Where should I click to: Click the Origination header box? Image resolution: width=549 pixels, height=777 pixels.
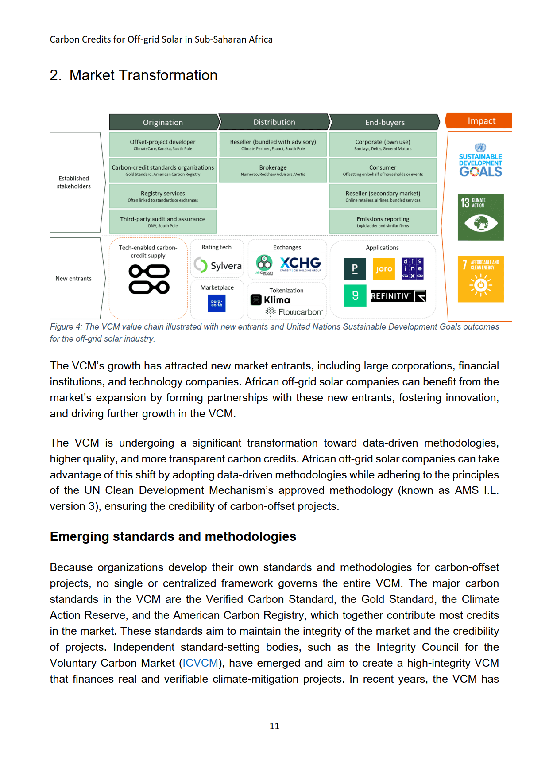[x=163, y=122]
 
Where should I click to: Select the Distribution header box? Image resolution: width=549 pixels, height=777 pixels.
[x=274, y=122]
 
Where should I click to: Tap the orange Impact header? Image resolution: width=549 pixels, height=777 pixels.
[x=481, y=121]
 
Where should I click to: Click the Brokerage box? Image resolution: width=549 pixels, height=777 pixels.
[x=273, y=170]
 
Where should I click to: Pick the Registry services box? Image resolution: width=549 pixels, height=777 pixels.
[x=162, y=196]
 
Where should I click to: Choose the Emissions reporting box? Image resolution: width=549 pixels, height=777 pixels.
[x=383, y=221]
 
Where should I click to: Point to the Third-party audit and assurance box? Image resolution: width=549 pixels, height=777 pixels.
[x=162, y=221]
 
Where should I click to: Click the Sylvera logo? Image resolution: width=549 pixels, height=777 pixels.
[x=218, y=265]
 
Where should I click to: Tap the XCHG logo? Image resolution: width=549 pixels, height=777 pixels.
[x=300, y=264]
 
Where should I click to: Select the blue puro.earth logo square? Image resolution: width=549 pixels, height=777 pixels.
[x=217, y=303]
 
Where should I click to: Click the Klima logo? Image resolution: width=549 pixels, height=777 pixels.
[x=271, y=300]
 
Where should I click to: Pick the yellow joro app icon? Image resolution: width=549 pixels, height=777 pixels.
[x=383, y=269]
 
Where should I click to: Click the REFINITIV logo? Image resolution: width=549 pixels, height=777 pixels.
[x=398, y=296]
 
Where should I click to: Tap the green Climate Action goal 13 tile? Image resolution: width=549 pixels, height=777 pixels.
[x=480, y=217]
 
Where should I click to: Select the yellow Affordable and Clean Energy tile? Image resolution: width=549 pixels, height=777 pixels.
[x=480, y=279]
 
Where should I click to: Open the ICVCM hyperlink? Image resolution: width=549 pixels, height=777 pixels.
[x=201, y=663]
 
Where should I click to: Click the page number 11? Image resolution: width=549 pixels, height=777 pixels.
[x=274, y=726]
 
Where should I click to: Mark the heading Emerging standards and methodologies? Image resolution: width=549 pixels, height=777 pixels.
[x=173, y=536]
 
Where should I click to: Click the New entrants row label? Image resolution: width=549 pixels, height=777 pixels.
[x=73, y=279]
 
